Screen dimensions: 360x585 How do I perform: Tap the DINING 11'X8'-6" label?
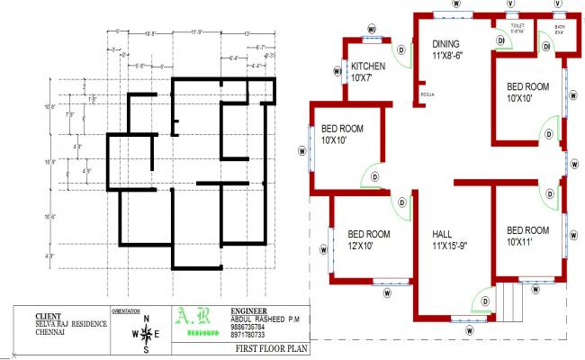pyautogui.click(x=447, y=49)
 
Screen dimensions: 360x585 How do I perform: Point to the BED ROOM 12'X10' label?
pyautogui.click(x=369, y=240)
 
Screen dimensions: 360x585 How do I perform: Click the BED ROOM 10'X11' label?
pyautogui.click(x=527, y=235)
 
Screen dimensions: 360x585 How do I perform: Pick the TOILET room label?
pyautogui.click(x=517, y=29)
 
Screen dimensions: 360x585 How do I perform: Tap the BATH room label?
pyautogui.click(x=560, y=29)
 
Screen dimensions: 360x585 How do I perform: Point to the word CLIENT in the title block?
pyautogui.click(x=48, y=316)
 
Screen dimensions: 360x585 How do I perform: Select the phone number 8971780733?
pyautogui.click(x=247, y=334)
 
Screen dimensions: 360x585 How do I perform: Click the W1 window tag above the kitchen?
pyautogui.click(x=371, y=29)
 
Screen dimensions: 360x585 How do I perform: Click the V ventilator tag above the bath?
pyautogui.click(x=559, y=4)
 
